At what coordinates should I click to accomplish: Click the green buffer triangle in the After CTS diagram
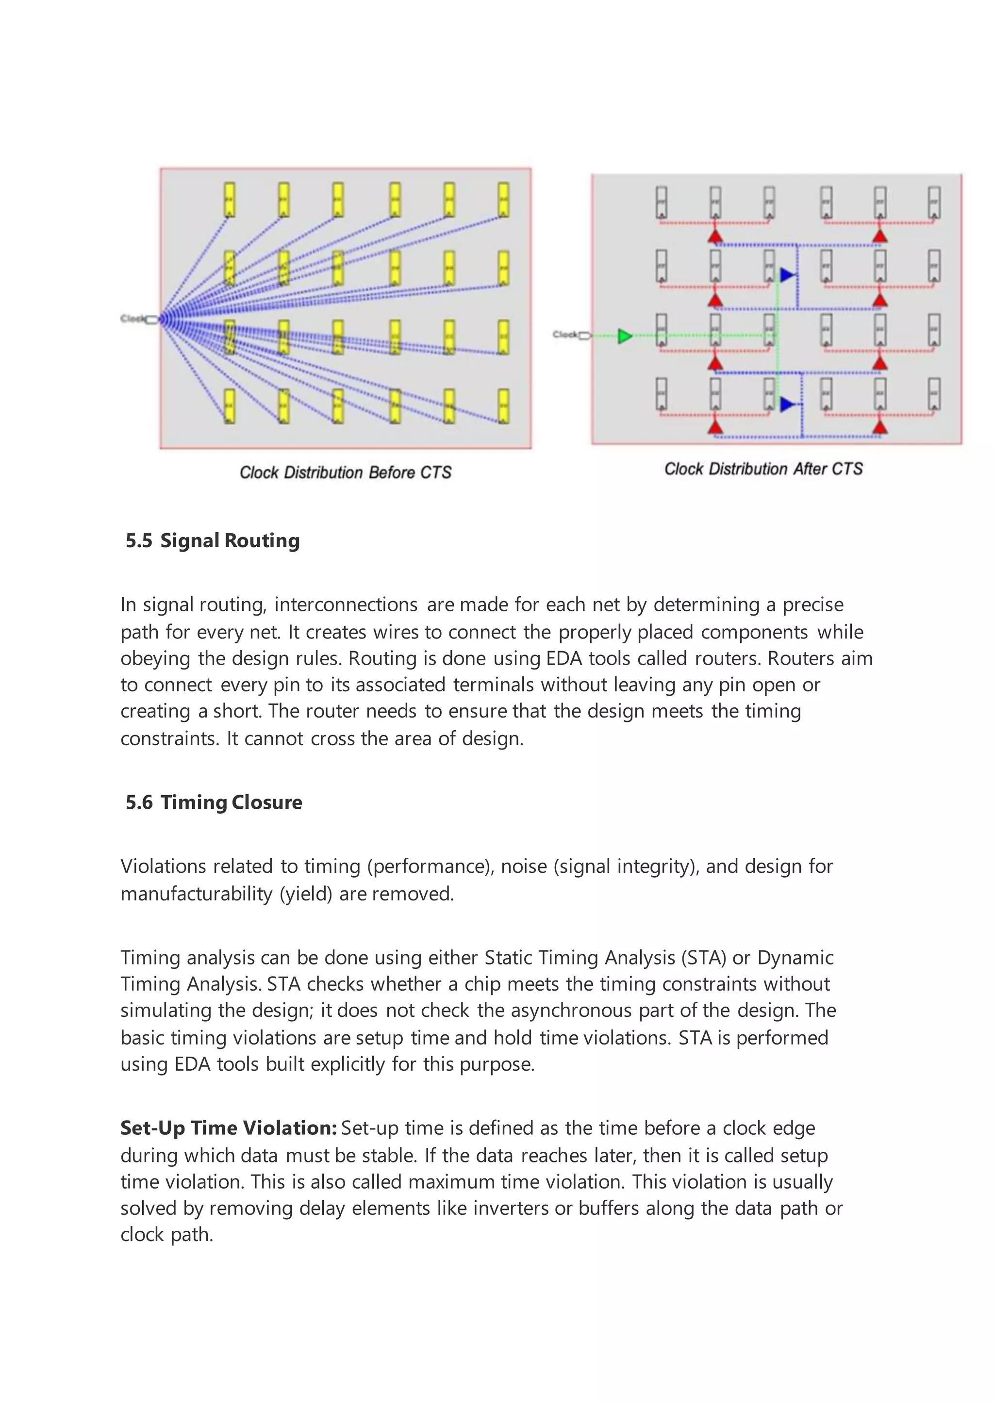point(624,336)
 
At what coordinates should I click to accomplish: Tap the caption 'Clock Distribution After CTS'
point(763,469)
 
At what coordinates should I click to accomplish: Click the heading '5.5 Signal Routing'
point(213,540)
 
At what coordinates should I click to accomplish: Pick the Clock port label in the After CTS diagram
point(565,334)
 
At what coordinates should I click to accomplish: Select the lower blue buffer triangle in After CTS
point(787,404)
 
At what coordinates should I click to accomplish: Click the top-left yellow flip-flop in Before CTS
point(230,199)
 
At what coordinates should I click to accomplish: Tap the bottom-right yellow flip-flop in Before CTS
point(503,406)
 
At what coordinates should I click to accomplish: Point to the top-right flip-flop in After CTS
point(934,202)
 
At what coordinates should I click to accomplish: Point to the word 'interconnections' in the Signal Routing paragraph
point(346,604)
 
